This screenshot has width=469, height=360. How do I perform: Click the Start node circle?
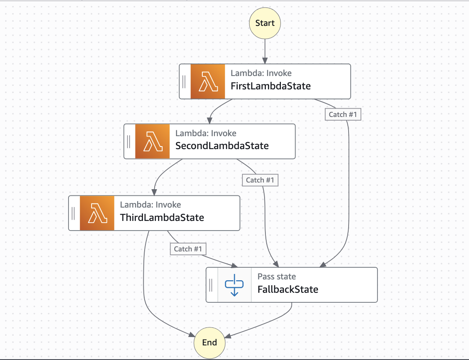click(x=265, y=23)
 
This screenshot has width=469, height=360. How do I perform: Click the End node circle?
click(x=209, y=342)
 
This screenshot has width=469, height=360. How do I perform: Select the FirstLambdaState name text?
click(x=270, y=86)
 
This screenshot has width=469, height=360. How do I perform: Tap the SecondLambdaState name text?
click(x=222, y=146)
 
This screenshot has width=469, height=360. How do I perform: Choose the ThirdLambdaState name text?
click(x=162, y=218)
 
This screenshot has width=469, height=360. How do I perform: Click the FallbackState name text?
click(x=288, y=289)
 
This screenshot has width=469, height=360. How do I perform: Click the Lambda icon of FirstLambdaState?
click(x=208, y=81)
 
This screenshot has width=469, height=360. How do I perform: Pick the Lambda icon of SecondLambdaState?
click(x=153, y=141)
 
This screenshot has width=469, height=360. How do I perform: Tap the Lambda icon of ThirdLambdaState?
click(x=97, y=213)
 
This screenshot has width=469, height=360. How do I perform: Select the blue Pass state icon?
click(x=234, y=285)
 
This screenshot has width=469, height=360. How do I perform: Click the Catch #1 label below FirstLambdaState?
click(x=343, y=114)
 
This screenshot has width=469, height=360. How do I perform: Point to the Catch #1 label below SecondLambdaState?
click(x=260, y=180)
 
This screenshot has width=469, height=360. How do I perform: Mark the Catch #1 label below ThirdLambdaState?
click(x=188, y=249)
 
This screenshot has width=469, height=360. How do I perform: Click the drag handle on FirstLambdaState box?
click(x=184, y=81)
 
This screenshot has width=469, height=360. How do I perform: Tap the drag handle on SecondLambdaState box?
click(x=129, y=141)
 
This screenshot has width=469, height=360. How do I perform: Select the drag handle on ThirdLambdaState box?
click(x=73, y=213)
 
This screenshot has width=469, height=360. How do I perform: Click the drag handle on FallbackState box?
click(x=211, y=285)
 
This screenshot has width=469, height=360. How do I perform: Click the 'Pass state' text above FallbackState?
click(x=276, y=276)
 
